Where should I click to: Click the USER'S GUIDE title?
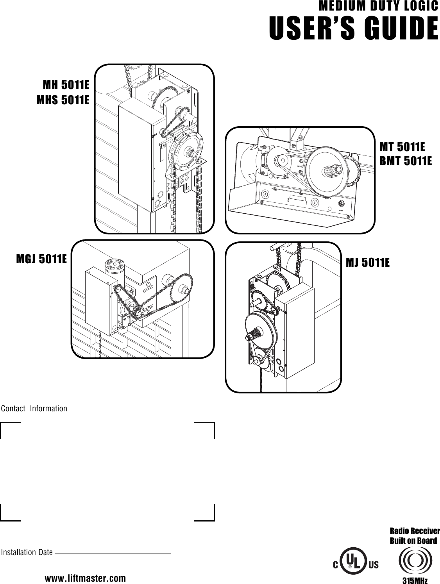[353, 29]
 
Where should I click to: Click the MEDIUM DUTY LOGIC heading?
[378, 7]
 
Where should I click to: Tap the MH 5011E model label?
[66, 85]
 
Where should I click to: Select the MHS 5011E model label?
[63, 100]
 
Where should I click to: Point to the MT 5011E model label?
[402, 147]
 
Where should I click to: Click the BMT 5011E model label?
[406, 161]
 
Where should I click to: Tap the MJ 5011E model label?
[368, 263]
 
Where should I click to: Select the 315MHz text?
[415, 580]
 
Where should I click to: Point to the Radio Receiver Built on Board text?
[415, 536]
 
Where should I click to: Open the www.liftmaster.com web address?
[86, 578]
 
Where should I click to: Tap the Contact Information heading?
[34, 409]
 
